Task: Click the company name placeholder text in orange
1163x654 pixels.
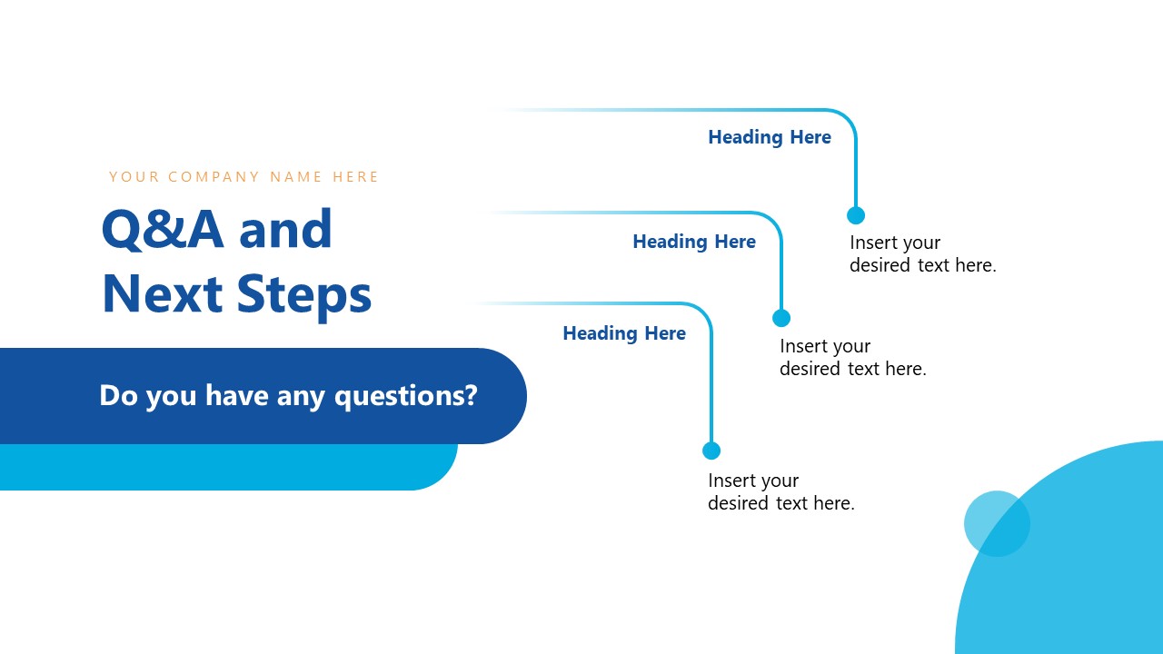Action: tap(244, 177)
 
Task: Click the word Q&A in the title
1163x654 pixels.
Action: tap(163, 230)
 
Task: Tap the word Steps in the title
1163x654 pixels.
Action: tap(304, 295)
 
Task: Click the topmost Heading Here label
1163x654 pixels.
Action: tap(770, 137)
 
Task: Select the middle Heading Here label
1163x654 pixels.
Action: tap(694, 242)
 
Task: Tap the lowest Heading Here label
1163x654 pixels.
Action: tap(624, 333)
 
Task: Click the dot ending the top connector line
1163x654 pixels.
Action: tap(856, 215)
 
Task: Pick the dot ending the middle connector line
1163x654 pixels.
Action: tap(781, 318)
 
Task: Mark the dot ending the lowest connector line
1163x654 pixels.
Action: tap(711, 451)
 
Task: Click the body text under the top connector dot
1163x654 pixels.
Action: tap(922, 254)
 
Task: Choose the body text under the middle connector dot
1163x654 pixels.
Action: tap(852, 358)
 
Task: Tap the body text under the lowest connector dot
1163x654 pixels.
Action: tap(781, 491)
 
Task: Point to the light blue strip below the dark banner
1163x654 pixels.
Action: tap(227, 468)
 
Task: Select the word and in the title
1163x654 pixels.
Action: tap(286, 230)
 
